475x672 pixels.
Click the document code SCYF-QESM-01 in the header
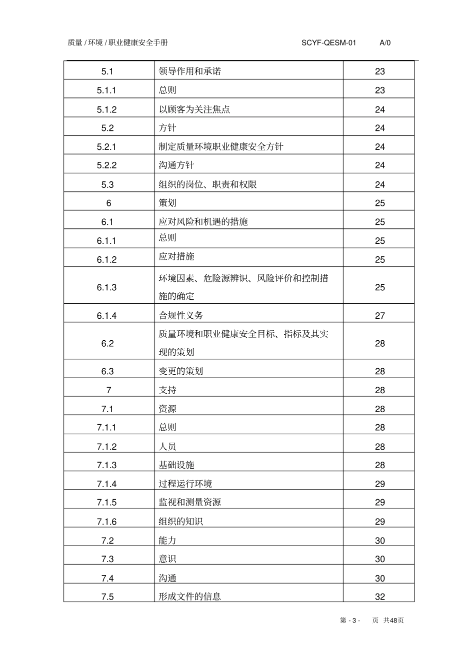pos(328,43)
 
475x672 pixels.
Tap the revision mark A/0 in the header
pos(385,43)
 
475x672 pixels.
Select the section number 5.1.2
pos(107,109)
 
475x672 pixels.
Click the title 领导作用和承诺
pos(189,71)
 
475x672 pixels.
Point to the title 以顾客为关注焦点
pos(194,109)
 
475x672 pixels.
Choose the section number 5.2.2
pos(107,165)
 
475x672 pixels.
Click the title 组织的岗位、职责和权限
pos(207,184)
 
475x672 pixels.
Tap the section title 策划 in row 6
pos(167,203)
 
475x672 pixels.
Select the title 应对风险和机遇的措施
pos(203,221)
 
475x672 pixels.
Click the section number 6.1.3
pos(107,287)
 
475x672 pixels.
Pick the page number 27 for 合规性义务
pos(380,315)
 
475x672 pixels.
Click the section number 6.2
pos(107,343)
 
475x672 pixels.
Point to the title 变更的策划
pos(180,371)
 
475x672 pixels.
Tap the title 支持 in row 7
pos(167,390)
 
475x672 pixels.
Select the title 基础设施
pos(176,465)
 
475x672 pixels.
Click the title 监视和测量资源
pos(189,502)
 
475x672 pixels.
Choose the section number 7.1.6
pos(107,522)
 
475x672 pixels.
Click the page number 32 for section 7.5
pos(380,597)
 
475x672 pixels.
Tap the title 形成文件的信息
pos(189,597)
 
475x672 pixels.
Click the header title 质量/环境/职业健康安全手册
pos(118,43)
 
